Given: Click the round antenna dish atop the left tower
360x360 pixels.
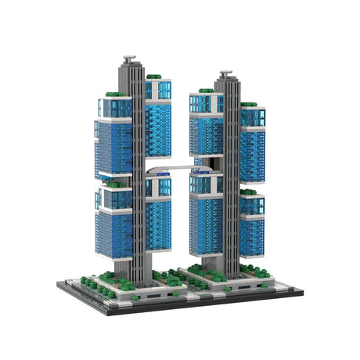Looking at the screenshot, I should (x=129, y=58).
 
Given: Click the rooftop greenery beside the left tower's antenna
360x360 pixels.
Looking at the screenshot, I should (x=153, y=77).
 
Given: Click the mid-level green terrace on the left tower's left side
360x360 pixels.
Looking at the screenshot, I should (x=114, y=185).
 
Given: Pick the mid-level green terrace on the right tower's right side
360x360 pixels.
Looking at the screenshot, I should (x=249, y=191).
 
